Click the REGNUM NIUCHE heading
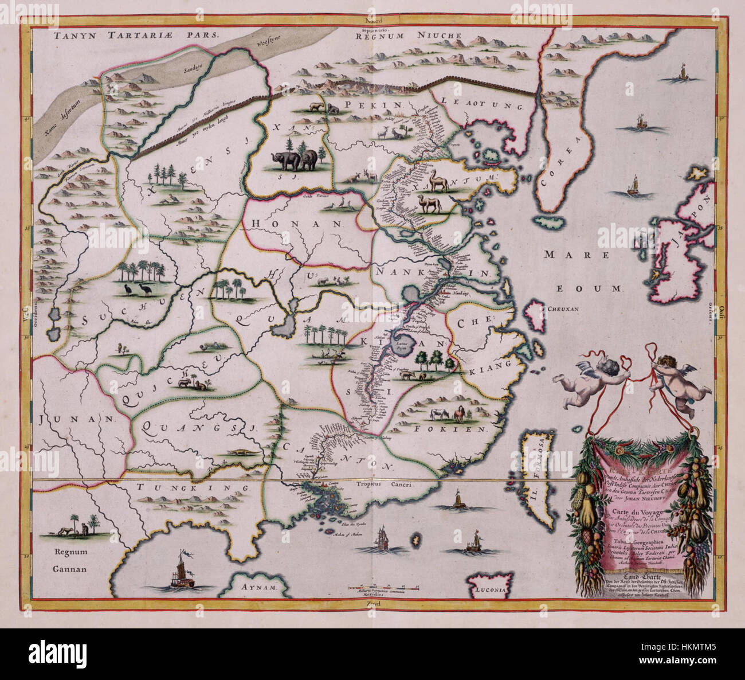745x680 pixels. pyautogui.click(x=408, y=36)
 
